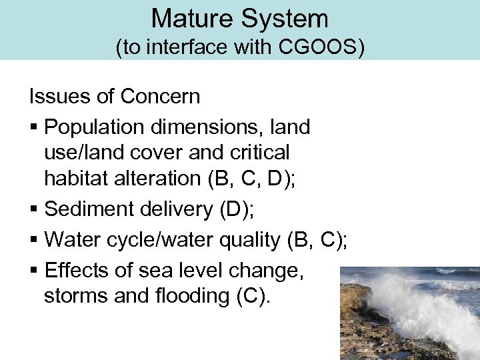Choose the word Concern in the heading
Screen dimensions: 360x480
[x=160, y=97]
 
